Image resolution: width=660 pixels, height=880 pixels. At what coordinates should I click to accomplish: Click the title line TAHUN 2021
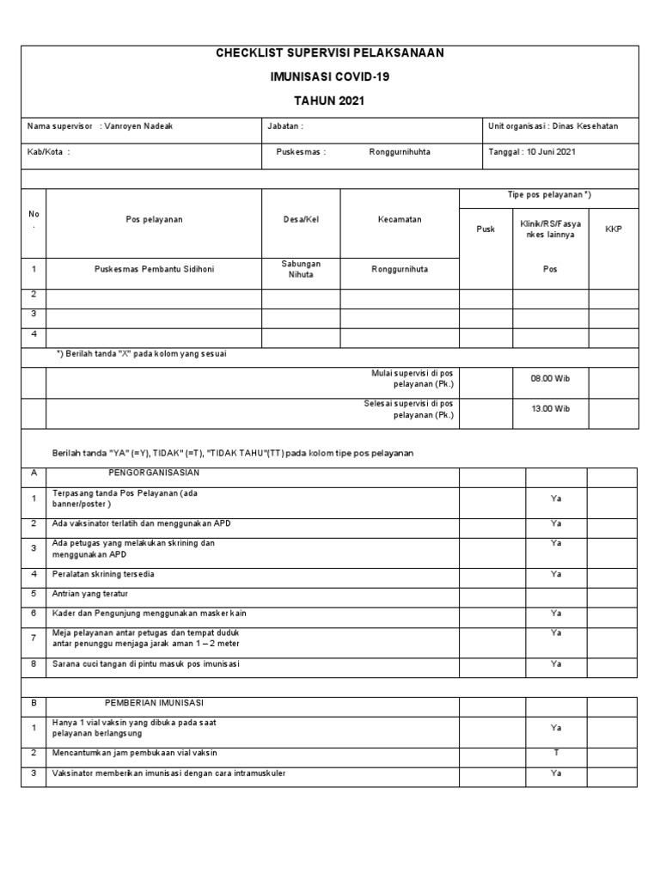pos(329,101)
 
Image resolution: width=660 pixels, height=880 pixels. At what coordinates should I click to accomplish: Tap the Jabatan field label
pos(285,126)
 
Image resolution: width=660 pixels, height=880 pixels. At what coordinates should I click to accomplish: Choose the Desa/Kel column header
pos(301,220)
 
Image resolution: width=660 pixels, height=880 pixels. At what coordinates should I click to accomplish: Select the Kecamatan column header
pos(400,220)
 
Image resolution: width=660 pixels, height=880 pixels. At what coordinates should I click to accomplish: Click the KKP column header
pos(614,229)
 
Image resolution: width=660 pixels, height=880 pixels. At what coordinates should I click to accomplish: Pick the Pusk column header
pos(486,229)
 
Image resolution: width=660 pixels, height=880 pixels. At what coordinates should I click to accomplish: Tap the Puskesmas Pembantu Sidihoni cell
pos(154,269)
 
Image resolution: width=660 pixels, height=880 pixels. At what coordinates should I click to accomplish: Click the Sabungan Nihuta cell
pos(301,269)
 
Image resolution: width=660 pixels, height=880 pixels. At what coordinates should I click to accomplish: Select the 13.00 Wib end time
pos(551,409)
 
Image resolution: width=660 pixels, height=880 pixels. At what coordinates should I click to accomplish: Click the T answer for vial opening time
pos(556,753)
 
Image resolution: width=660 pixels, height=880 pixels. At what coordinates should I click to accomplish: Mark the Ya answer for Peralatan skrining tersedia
pos(556,574)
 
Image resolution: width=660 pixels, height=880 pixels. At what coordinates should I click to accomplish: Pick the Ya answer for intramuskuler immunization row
pos(556,773)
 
